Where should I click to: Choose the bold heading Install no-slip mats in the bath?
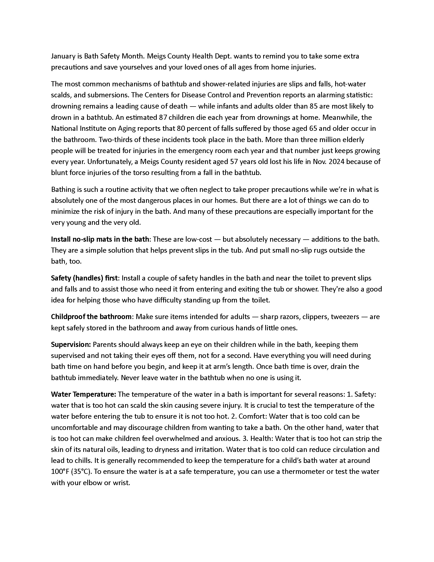(x=100, y=239)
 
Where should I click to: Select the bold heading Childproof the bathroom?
(x=91, y=317)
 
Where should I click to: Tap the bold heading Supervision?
(x=71, y=345)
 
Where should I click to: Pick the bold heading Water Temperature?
(x=83, y=394)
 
